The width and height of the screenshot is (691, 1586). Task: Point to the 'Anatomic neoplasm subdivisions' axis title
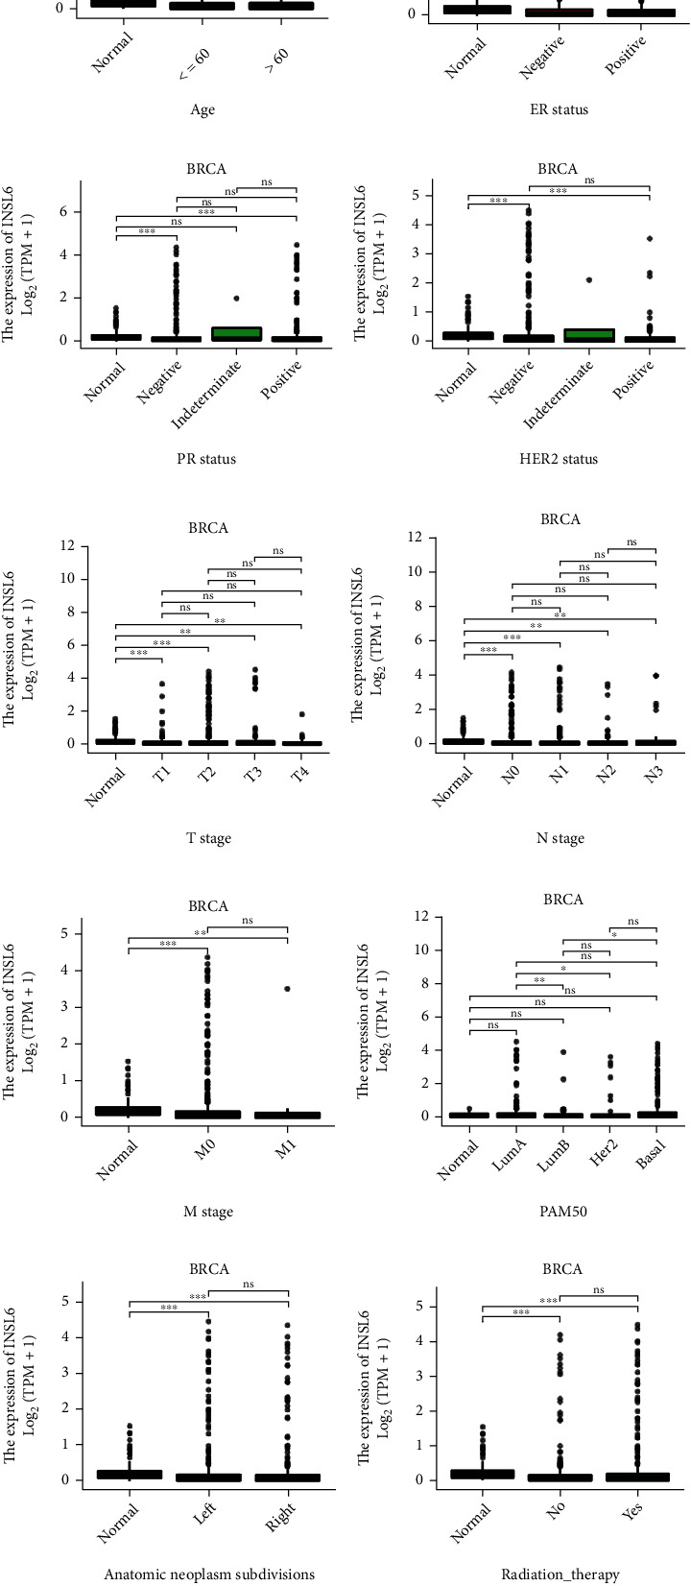[x=209, y=1574]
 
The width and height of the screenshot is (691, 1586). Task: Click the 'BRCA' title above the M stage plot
[x=209, y=905]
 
